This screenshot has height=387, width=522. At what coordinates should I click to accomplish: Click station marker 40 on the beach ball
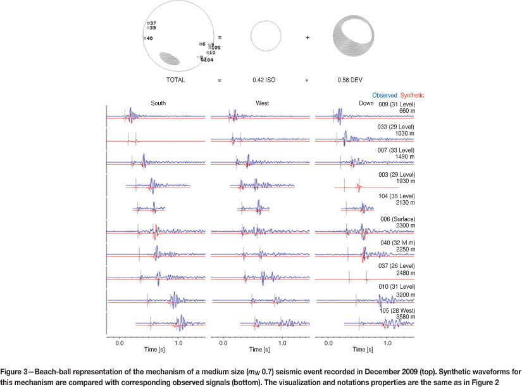[148, 39]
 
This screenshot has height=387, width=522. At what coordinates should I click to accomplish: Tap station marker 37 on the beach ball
[152, 23]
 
